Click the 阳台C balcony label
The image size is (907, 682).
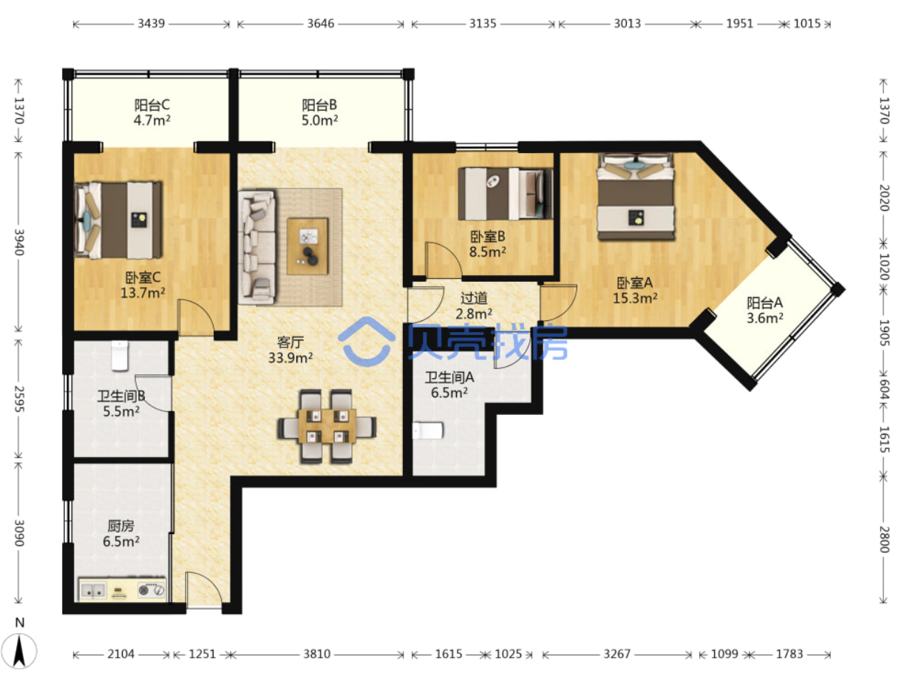152,105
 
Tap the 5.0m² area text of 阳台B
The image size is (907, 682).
319,121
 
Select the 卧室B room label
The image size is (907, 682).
488,237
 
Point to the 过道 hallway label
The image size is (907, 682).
474,297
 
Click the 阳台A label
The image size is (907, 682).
764,303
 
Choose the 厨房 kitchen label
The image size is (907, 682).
120,526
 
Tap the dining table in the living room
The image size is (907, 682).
327,426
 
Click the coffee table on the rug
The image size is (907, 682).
308,246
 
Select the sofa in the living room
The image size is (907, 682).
257,247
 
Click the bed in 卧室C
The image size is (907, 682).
118,220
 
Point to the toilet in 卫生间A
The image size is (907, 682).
428,431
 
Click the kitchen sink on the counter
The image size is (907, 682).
93,590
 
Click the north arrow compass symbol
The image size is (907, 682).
19,651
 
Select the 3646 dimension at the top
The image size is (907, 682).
320,24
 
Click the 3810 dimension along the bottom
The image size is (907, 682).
317,654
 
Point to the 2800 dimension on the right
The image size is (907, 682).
883,539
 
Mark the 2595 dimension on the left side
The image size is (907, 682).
19,399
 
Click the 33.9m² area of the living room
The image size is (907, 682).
291,357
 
